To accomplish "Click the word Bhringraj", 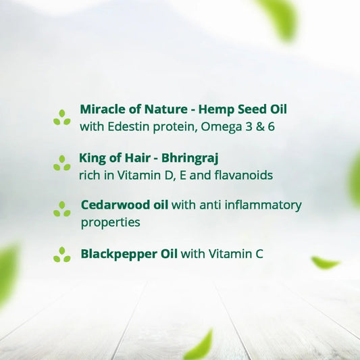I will click(x=191, y=159).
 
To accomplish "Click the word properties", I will click(x=110, y=222).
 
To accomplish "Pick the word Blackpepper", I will click(x=118, y=255).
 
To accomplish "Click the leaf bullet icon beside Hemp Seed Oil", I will click(x=62, y=118).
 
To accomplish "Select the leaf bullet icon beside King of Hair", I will click(x=62, y=163).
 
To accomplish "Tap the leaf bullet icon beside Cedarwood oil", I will click(x=62, y=209).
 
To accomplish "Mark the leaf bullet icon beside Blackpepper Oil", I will click(x=62, y=255).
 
